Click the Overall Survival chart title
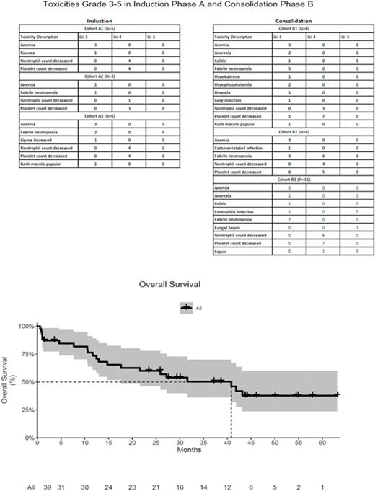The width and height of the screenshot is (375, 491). pos(187,284)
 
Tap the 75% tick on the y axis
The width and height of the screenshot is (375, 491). pos(27,354)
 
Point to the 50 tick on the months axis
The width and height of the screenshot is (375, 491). pos(275,441)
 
